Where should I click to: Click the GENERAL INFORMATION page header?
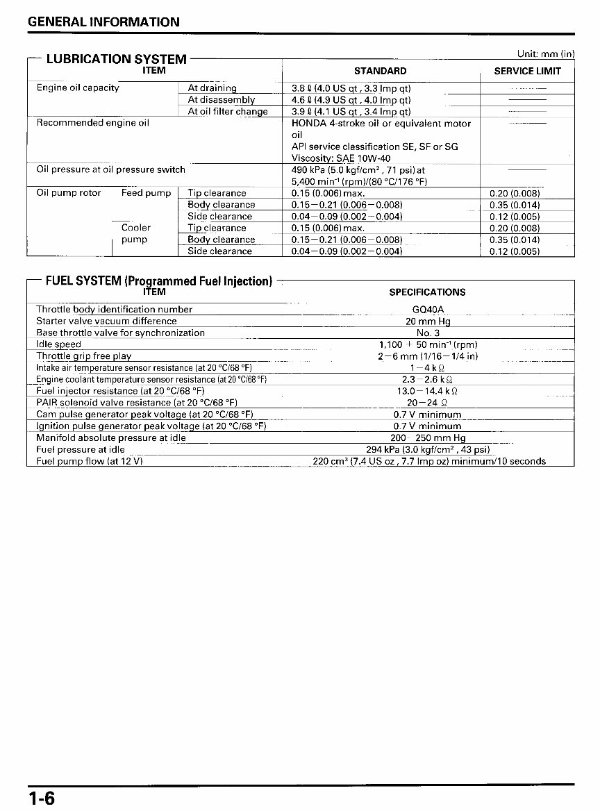tap(103, 22)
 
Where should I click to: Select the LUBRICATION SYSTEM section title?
tap(116, 59)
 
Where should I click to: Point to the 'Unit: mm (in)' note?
tap(546, 53)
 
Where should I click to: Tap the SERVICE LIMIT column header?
tap(527, 71)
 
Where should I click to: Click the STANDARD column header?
tap(380, 71)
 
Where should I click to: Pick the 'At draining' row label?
tap(212, 88)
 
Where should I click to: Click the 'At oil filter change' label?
tap(227, 112)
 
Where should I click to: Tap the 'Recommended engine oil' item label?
tap(92, 123)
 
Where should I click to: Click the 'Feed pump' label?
tap(146, 193)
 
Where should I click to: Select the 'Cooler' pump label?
tap(136, 228)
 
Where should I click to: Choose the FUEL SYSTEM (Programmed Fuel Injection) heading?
tap(158, 281)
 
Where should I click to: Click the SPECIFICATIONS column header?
tap(427, 292)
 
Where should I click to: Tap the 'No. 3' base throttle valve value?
tap(428, 333)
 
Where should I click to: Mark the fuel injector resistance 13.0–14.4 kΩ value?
tap(427, 391)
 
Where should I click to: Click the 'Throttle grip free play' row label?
tap(83, 356)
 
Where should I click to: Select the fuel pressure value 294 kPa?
tap(428, 449)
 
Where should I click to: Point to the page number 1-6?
tap(41, 798)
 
